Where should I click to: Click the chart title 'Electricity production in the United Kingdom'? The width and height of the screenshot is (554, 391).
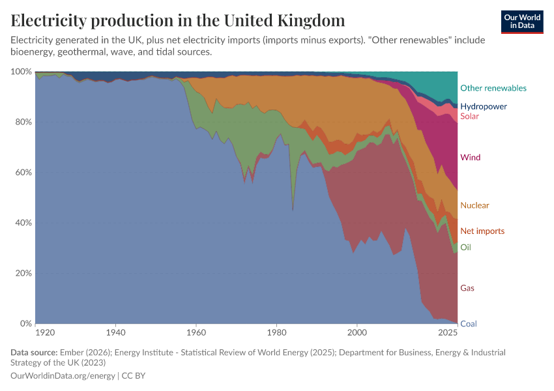click(x=178, y=20)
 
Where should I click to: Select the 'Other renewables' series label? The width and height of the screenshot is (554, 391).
click(x=493, y=88)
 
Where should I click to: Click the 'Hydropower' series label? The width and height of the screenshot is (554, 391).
click(x=483, y=106)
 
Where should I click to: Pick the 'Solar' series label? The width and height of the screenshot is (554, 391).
click(x=469, y=117)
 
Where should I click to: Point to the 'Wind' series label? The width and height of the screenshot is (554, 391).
click(x=470, y=158)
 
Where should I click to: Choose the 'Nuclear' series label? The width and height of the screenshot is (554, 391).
click(x=474, y=206)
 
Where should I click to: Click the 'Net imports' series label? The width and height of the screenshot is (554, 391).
click(x=482, y=231)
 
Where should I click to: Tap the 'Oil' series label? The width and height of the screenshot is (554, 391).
click(x=465, y=248)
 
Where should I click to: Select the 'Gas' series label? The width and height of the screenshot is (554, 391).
click(x=467, y=288)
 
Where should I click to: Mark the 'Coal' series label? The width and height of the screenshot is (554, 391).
click(x=468, y=324)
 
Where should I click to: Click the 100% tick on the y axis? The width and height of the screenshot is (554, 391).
click(x=22, y=72)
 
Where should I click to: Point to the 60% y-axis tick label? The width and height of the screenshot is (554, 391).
click(x=23, y=173)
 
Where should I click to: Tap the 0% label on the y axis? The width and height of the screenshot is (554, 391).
click(x=25, y=324)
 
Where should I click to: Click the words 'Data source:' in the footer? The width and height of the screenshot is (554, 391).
click(x=34, y=353)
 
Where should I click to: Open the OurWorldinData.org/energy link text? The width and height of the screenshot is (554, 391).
click(x=63, y=376)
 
